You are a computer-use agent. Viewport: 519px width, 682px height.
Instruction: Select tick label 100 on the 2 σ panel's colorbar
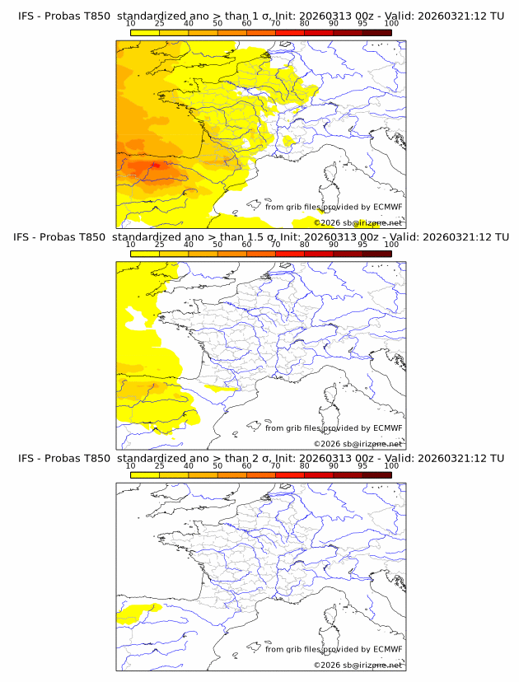click(391, 465)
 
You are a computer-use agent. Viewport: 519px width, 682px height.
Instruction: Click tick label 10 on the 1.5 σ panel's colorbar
click(130, 244)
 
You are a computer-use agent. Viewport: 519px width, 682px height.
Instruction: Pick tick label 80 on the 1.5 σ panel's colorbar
click(304, 244)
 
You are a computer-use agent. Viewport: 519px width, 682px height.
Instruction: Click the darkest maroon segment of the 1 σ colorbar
click(376, 31)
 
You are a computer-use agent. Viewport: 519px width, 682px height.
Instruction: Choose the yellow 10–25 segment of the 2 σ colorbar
click(145, 474)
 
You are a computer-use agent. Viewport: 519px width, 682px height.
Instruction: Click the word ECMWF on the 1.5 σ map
click(387, 428)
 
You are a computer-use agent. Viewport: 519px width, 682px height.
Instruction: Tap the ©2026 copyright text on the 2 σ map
click(328, 665)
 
